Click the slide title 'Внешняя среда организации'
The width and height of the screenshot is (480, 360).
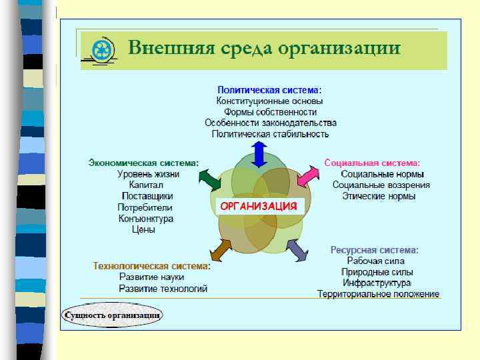point(264,49)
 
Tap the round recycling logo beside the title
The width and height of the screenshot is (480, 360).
point(102,50)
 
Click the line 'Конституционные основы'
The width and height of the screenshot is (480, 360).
point(270,101)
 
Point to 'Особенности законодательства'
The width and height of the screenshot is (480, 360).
point(270,123)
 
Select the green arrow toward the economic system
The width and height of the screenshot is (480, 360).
point(209,179)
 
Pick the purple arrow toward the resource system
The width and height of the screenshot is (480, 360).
point(297,249)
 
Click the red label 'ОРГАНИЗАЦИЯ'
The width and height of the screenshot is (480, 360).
point(259,206)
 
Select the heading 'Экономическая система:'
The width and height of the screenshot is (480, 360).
point(143,162)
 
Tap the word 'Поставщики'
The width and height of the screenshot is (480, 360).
point(147,196)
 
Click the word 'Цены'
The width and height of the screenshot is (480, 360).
point(143,229)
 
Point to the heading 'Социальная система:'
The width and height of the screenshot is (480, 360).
point(372,162)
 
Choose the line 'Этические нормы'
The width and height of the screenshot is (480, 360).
point(379,196)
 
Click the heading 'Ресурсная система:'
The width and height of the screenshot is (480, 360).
point(375,250)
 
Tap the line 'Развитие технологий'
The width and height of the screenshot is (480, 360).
point(163,289)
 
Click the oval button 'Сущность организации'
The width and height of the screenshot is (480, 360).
point(112,315)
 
